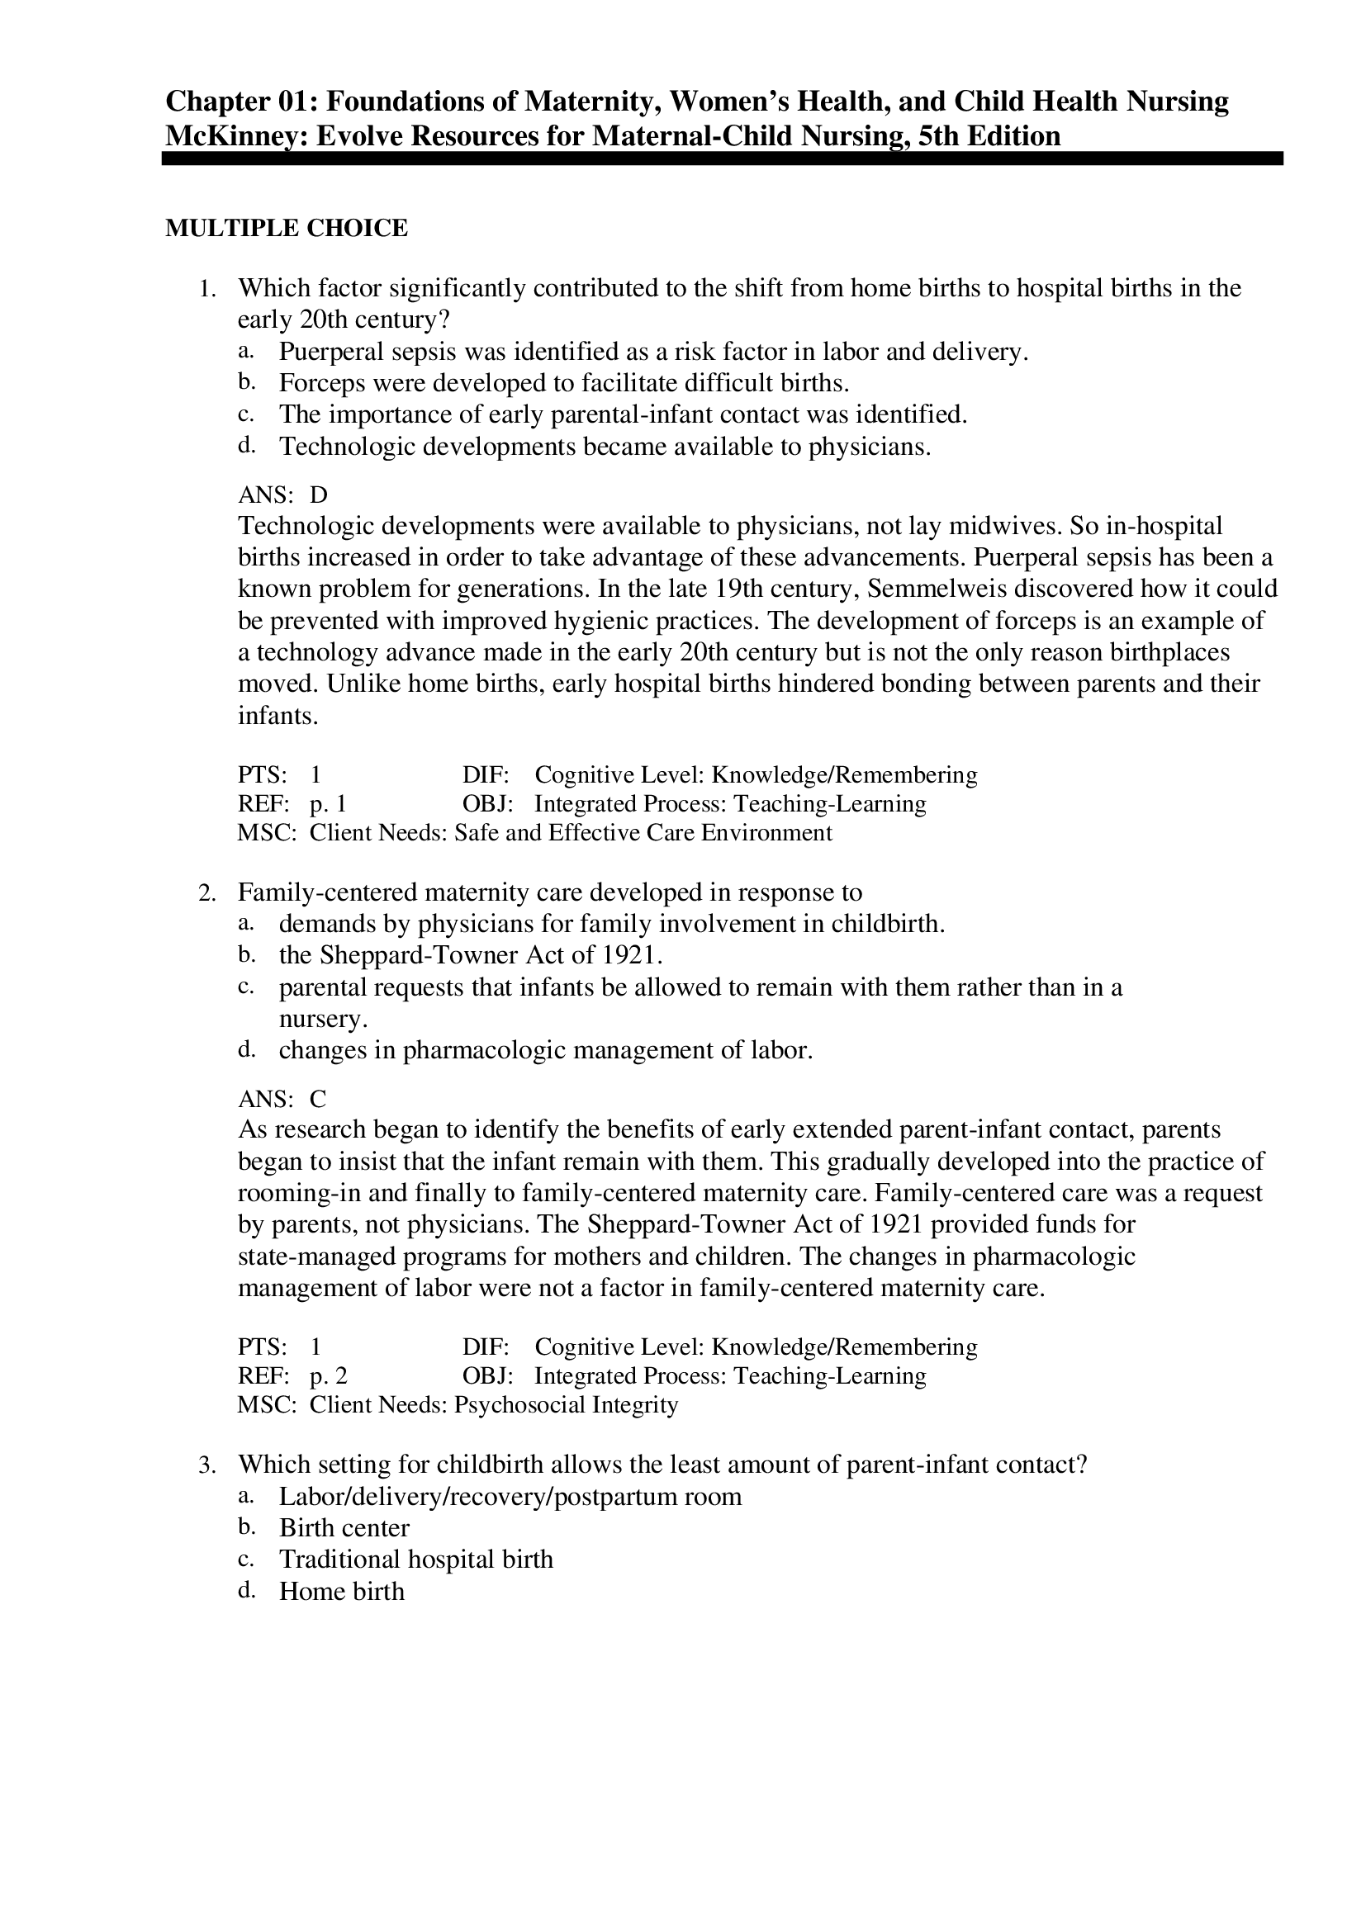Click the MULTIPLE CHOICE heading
[286, 228]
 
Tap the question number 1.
[207, 289]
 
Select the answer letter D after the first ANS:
[319, 495]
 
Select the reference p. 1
[328, 803]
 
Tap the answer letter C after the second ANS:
[318, 1099]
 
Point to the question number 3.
[207, 1465]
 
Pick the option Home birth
[342, 1591]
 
